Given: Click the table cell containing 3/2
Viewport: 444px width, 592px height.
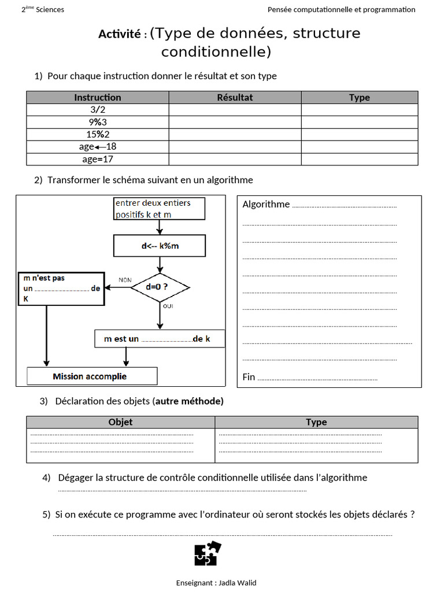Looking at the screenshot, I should point(98,110).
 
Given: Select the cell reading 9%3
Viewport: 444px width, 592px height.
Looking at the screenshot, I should point(98,122).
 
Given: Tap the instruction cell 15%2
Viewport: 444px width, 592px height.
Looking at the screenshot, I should point(98,134).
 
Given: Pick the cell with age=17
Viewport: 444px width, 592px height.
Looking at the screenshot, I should point(98,158).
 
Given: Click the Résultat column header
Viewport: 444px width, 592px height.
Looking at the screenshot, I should point(235,98).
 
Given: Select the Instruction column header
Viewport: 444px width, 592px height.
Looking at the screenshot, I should point(98,98).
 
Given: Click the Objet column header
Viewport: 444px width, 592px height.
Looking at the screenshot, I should point(120,422).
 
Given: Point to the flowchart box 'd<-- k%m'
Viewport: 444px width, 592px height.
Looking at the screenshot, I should point(160,246).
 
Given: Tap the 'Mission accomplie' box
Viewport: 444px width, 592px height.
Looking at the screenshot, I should point(92,376).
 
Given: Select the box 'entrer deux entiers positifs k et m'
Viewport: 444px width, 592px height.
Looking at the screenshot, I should point(159,209).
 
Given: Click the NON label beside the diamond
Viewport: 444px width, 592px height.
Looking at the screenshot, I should point(125,280).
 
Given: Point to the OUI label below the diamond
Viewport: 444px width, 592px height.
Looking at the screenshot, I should point(168,306).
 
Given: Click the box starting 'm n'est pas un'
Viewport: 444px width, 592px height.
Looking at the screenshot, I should point(61,288).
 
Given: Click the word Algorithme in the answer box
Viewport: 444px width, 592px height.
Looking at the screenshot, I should point(266,204).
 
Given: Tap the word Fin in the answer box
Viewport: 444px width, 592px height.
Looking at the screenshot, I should point(249,377).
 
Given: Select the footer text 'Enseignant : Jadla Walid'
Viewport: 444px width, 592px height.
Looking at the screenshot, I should point(216,583).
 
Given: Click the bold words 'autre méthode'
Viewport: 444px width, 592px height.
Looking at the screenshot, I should point(188,401).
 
